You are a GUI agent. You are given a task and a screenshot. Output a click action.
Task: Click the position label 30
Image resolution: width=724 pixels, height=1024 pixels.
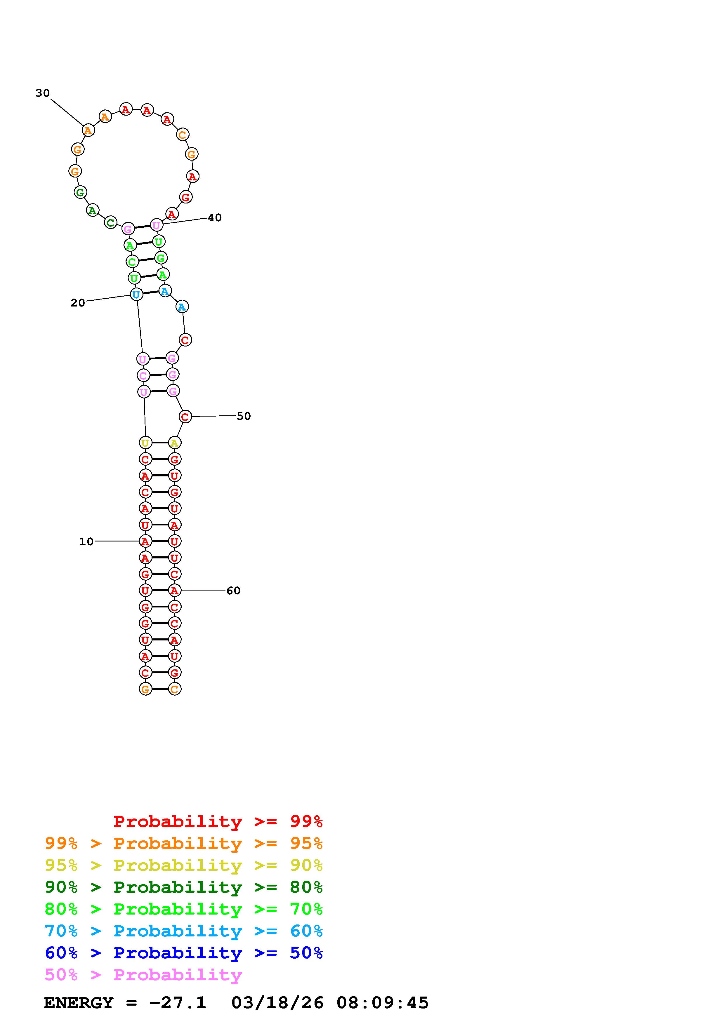click(x=43, y=93)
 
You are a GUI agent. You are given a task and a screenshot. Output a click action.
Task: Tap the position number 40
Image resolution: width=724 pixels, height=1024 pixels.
click(x=215, y=218)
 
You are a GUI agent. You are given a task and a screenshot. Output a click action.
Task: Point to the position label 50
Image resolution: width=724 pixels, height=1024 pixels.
click(x=244, y=416)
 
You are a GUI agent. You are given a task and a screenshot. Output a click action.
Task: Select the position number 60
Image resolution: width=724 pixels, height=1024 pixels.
click(x=233, y=591)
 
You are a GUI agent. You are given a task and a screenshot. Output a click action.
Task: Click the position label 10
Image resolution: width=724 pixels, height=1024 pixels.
click(x=86, y=541)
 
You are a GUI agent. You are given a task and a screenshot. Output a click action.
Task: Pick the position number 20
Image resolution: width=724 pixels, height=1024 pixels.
click(x=78, y=303)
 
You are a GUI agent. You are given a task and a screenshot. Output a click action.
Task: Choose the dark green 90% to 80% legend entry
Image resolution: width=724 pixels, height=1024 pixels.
click(x=184, y=887)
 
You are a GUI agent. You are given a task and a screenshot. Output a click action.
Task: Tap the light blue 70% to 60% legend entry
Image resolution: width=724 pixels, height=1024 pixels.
click(x=184, y=931)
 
